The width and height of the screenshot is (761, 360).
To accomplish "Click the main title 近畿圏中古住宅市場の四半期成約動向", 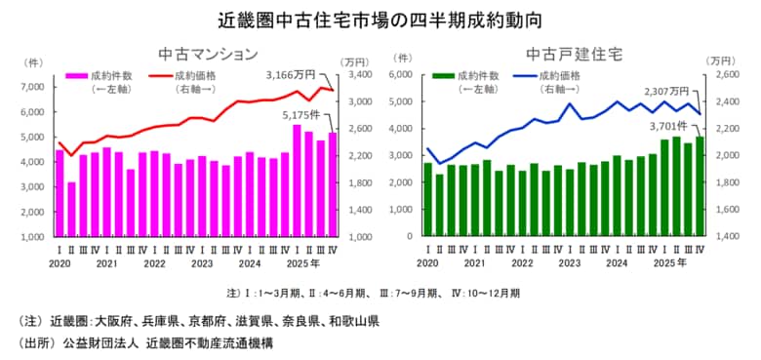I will point(380,20).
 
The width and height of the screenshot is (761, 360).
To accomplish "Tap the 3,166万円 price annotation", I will point(291,74).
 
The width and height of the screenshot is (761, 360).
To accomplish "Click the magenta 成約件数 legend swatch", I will point(76,76).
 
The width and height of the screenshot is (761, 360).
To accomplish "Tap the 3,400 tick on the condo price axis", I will point(358,74).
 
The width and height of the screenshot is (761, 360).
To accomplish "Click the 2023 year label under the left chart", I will point(201,262).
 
